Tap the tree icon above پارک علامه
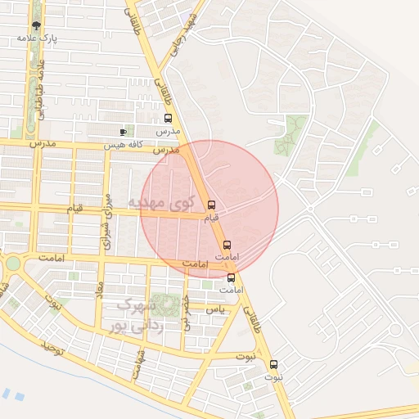click(36, 25)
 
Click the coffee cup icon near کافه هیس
click(123, 132)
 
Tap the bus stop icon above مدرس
click(168, 119)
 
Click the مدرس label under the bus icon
click(168, 132)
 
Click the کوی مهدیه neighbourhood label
click(163, 201)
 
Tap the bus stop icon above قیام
click(212, 205)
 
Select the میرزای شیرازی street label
click(106, 221)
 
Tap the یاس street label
click(216, 309)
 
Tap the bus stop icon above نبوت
click(274, 365)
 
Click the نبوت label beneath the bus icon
click(274, 377)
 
